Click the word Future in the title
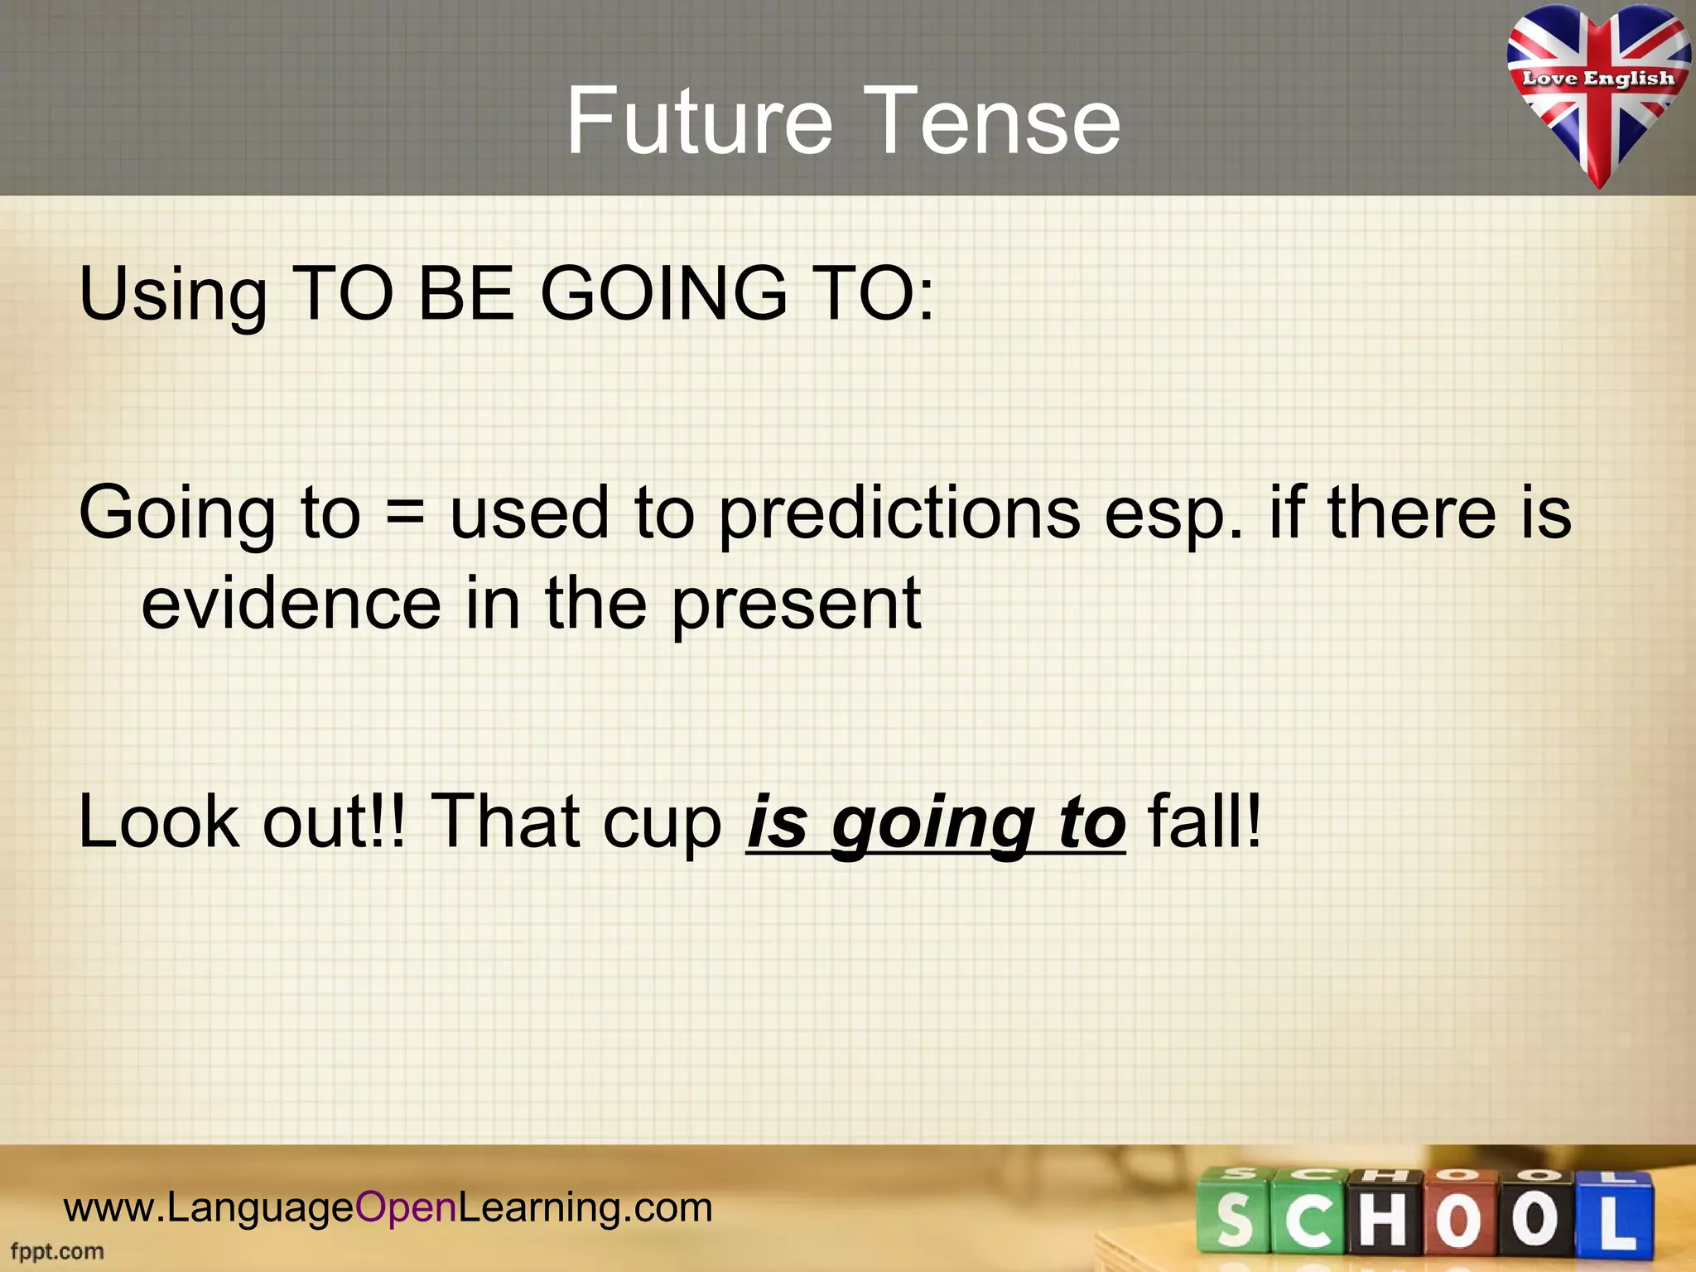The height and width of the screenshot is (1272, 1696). click(699, 122)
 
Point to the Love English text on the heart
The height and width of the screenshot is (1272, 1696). click(1597, 79)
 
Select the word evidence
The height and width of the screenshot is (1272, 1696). click(291, 603)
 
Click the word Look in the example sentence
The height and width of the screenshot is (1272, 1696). click(158, 821)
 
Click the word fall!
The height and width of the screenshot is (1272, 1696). click(1205, 821)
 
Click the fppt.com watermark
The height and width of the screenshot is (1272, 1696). click(57, 1251)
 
